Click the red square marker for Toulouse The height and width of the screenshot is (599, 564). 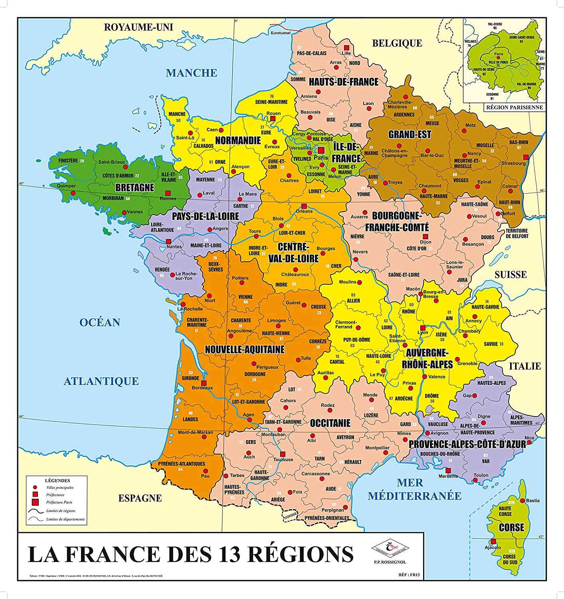[283, 454]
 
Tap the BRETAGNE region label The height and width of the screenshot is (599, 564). [135, 187]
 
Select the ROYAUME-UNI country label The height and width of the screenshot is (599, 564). [139, 27]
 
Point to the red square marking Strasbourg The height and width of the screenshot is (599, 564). [526, 157]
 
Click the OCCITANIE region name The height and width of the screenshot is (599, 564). [330, 423]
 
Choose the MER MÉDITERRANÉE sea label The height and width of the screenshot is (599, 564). [414, 490]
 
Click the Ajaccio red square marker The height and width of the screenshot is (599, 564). [493, 541]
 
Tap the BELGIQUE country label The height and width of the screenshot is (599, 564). [397, 43]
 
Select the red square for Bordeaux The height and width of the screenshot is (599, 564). [204, 383]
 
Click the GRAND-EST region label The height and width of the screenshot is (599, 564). [410, 135]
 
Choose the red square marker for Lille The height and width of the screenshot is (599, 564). [346, 47]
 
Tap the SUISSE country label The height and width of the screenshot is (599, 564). [511, 274]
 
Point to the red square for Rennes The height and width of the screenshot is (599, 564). [168, 192]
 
